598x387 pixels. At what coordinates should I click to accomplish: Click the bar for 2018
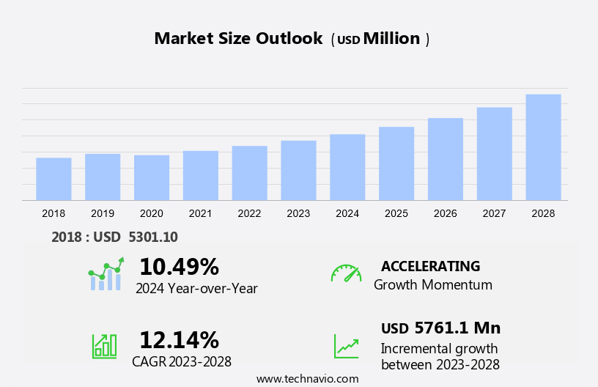(x=53, y=179)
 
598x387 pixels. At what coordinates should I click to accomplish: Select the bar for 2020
(x=152, y=177)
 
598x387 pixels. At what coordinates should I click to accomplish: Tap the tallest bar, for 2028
(x=543, y=147)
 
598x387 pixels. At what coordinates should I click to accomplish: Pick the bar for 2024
(x=347, y=167)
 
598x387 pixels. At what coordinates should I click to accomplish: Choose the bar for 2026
(x=446, y=159)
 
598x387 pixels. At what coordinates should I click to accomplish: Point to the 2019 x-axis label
(x=103, y=213)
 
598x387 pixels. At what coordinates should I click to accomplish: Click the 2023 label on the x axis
(x=298, y=213)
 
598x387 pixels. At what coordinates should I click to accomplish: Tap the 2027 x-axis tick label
(x=494, y=213)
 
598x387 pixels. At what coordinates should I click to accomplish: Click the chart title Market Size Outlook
(x=238, y=39)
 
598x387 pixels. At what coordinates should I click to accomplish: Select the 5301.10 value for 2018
(x=152, y=237)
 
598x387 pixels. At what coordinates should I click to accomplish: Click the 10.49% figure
(x=179, y=266)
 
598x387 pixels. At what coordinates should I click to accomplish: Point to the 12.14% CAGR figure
(x=179, y=340)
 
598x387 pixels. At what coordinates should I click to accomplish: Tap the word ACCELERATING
(x=430, y=266)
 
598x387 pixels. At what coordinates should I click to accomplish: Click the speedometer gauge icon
(x=346, y=273)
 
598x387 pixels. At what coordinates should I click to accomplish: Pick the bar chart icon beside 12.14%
(x=104, y=346)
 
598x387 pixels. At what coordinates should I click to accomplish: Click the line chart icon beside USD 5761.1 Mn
(x=346, y=346)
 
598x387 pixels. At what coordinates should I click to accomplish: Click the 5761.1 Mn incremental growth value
(x=457, y=328)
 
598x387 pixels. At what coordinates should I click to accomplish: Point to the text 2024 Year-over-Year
(x=196, y=288)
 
